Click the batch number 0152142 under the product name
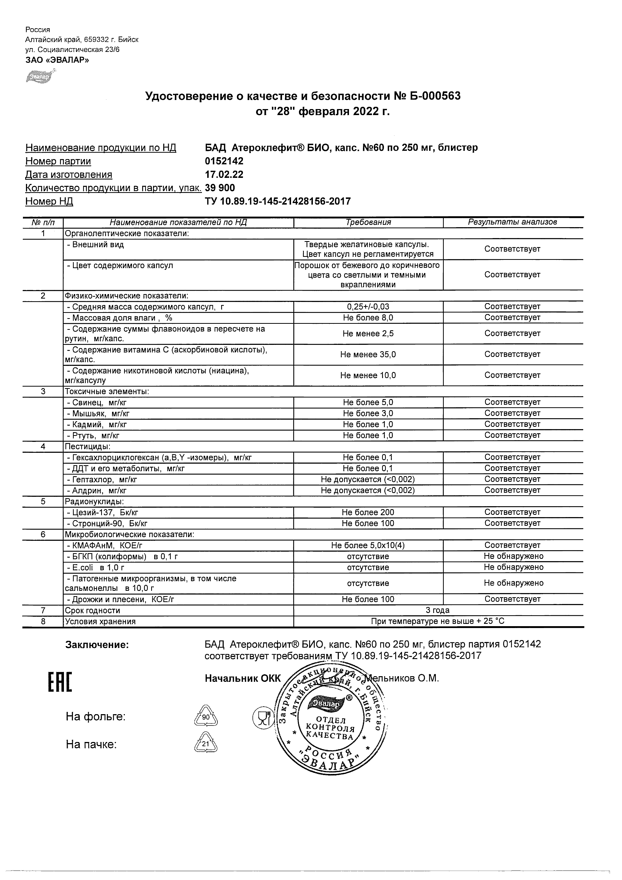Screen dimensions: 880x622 click(224, 161)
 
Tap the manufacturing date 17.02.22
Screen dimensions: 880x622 click(224, 175)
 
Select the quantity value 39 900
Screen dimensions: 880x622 click(220, 188)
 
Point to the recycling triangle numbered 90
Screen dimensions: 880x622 click(206, 717)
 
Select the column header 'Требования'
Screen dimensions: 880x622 click(368, 222)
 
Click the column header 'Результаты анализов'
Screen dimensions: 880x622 click(513, 222)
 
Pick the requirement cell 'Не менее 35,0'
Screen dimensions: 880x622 click(368, 355)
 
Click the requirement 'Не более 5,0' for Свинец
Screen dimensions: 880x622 click(368, 402)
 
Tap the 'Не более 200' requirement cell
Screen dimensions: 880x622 click(368, 513)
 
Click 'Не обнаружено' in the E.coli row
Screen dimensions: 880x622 click(513, 567)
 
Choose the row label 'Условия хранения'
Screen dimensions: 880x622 click(100, 622)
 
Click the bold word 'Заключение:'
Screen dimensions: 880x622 click(97, 645)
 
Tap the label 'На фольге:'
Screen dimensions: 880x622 click(96, 717)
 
